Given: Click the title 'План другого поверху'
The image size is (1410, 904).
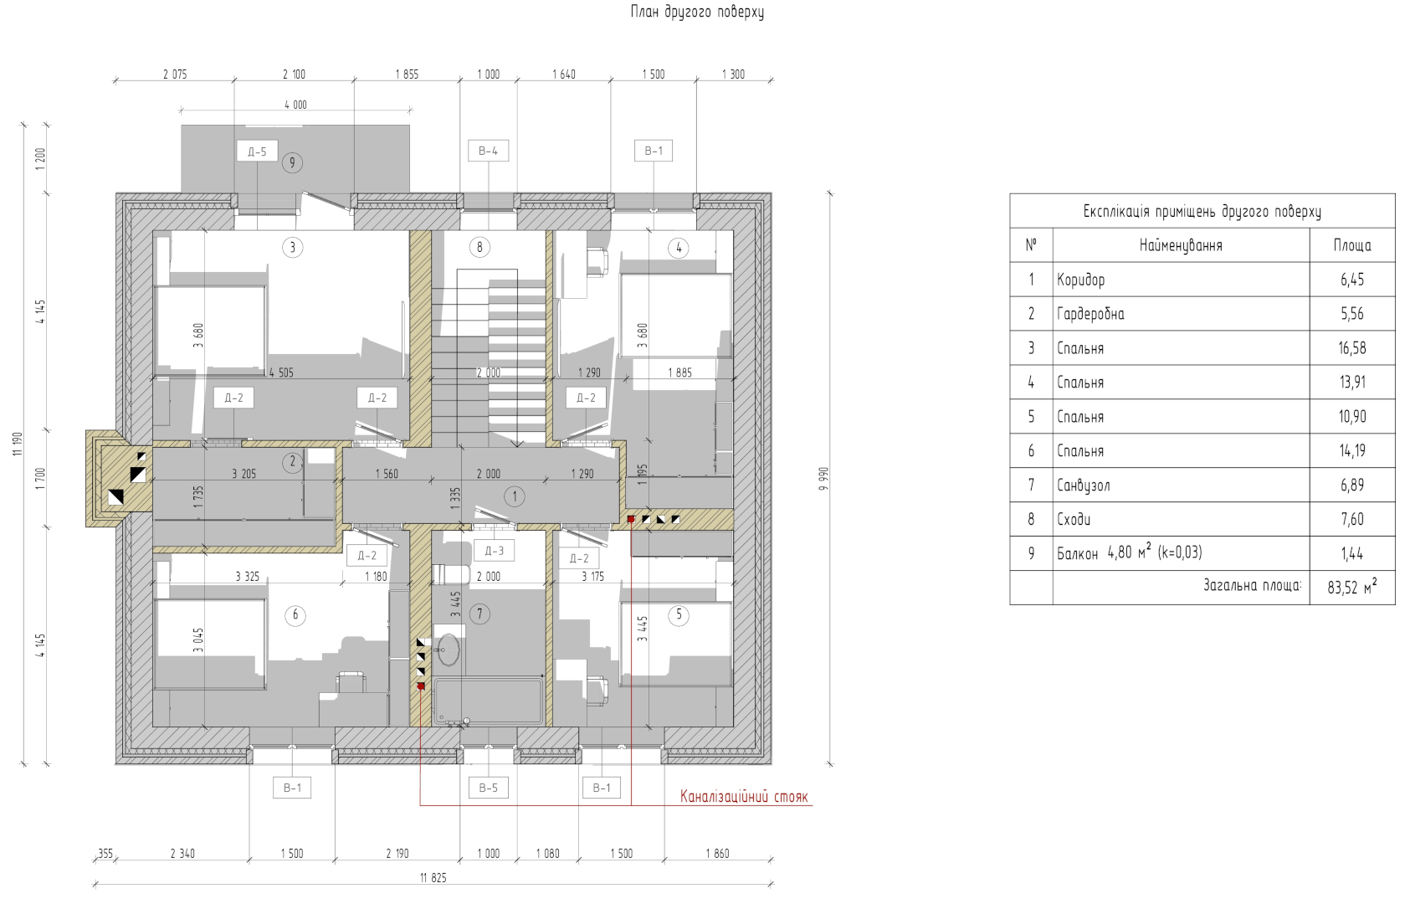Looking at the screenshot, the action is (x=697, y=12).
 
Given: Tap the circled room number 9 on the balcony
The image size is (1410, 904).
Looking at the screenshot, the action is (x=292, y=163).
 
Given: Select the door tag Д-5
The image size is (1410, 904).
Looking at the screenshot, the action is (x=257, y=152).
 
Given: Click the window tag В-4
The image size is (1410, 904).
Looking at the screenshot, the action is (x=488, y=151).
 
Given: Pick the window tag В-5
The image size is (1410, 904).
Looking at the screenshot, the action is (x=488, y=788).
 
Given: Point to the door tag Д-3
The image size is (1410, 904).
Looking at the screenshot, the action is (x=495, y=551).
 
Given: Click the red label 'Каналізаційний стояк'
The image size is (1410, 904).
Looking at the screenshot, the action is (x=744, y=796).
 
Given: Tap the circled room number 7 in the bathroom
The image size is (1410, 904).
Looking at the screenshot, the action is (x=479, y=614).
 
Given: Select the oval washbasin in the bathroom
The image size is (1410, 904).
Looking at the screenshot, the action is (x=449, y=649).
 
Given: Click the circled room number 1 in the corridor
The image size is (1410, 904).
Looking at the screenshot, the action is (x=515, y=496).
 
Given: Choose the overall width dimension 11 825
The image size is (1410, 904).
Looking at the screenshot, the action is (x=433, y=877).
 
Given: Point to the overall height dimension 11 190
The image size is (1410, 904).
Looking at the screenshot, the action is (x=18, y=444).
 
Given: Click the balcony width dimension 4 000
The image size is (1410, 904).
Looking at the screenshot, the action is (x=295, y=105).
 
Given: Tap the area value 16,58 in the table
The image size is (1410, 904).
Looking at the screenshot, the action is (x=1351, y=348).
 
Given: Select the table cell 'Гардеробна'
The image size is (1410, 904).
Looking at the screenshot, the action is (x=1090, y=314).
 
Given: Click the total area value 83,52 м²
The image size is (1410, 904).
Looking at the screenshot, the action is (x=1351, y=588).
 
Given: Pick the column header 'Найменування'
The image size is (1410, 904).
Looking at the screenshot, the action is (x=1181, y=245).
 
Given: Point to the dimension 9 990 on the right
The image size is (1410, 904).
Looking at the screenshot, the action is (x=824, y=479).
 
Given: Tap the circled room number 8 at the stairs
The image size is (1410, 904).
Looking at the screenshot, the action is (x=479, y=247).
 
